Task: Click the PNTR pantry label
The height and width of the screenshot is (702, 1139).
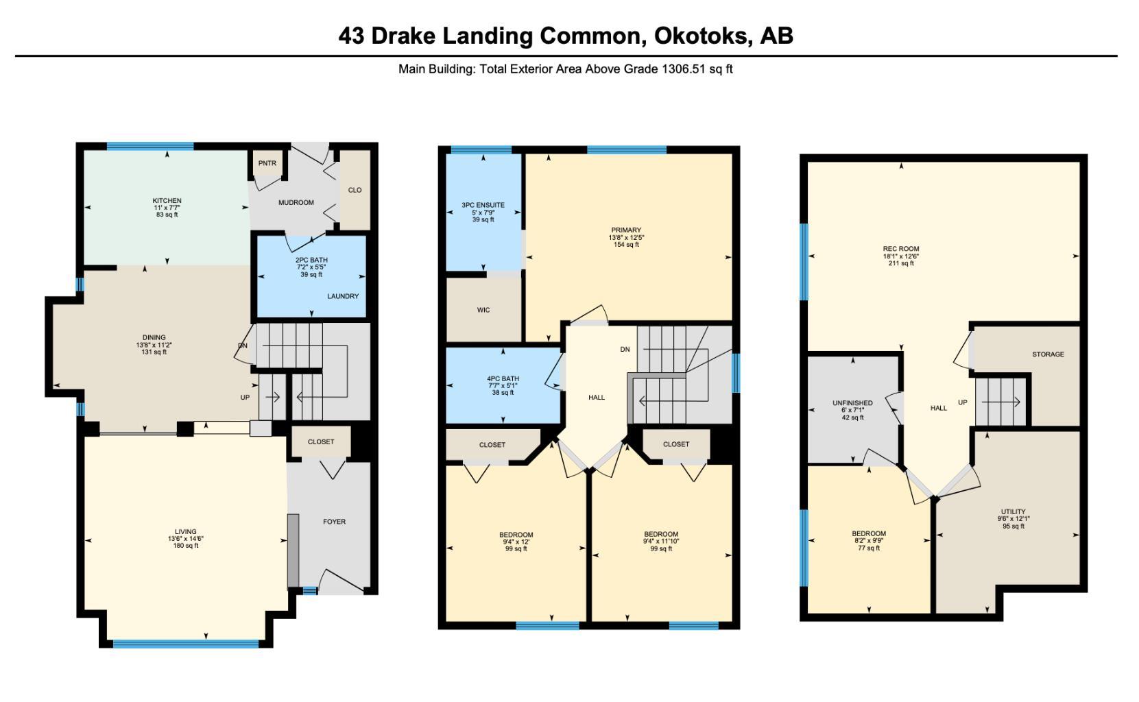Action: click(267, 163)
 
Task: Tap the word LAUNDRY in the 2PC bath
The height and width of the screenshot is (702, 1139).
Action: click(342, 296)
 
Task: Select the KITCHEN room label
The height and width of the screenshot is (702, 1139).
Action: click(167, 201)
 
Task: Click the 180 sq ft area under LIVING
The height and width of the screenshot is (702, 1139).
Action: click(185, 546)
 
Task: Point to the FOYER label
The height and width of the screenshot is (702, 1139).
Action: click(334, 522)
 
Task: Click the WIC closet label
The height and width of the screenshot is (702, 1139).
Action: click(483, 310)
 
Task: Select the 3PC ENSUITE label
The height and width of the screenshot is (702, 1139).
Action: click(483, 205)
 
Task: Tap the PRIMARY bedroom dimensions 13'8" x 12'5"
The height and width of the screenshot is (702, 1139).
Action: click(626, 237)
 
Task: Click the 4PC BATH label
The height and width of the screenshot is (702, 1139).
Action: click(503, 378)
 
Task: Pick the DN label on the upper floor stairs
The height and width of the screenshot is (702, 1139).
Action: click(625, 350)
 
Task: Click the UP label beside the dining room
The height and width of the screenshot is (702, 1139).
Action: click(245, 398)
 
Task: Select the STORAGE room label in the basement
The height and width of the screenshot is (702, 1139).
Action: click(1048, 354)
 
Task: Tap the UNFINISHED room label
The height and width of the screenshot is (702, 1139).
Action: click(852, 403)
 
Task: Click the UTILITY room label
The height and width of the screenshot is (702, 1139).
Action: click(1013, 511)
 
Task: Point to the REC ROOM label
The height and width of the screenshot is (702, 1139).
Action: click(901, 249)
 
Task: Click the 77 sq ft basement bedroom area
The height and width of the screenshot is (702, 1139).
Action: click(869, 548)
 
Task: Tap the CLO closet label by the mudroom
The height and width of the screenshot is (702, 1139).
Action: click(355, 190)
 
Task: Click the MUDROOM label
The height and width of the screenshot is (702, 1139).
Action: click(296, 202)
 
